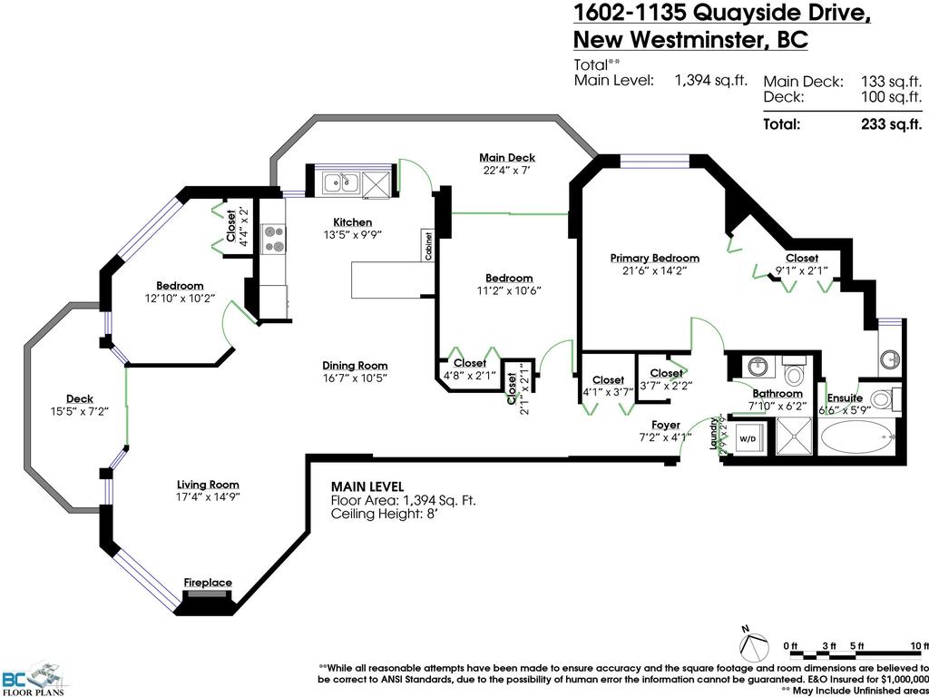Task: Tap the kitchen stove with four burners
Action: point(273,239)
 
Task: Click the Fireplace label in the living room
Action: point(208,583)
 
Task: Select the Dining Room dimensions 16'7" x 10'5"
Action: point(355,378)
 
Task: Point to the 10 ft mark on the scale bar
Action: point(915,645)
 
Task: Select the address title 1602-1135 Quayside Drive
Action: point(722,14)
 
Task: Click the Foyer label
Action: point(665,425)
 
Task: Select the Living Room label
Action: point(208,485)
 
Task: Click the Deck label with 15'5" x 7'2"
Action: point(79,399)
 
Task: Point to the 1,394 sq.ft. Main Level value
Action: point(710,80)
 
